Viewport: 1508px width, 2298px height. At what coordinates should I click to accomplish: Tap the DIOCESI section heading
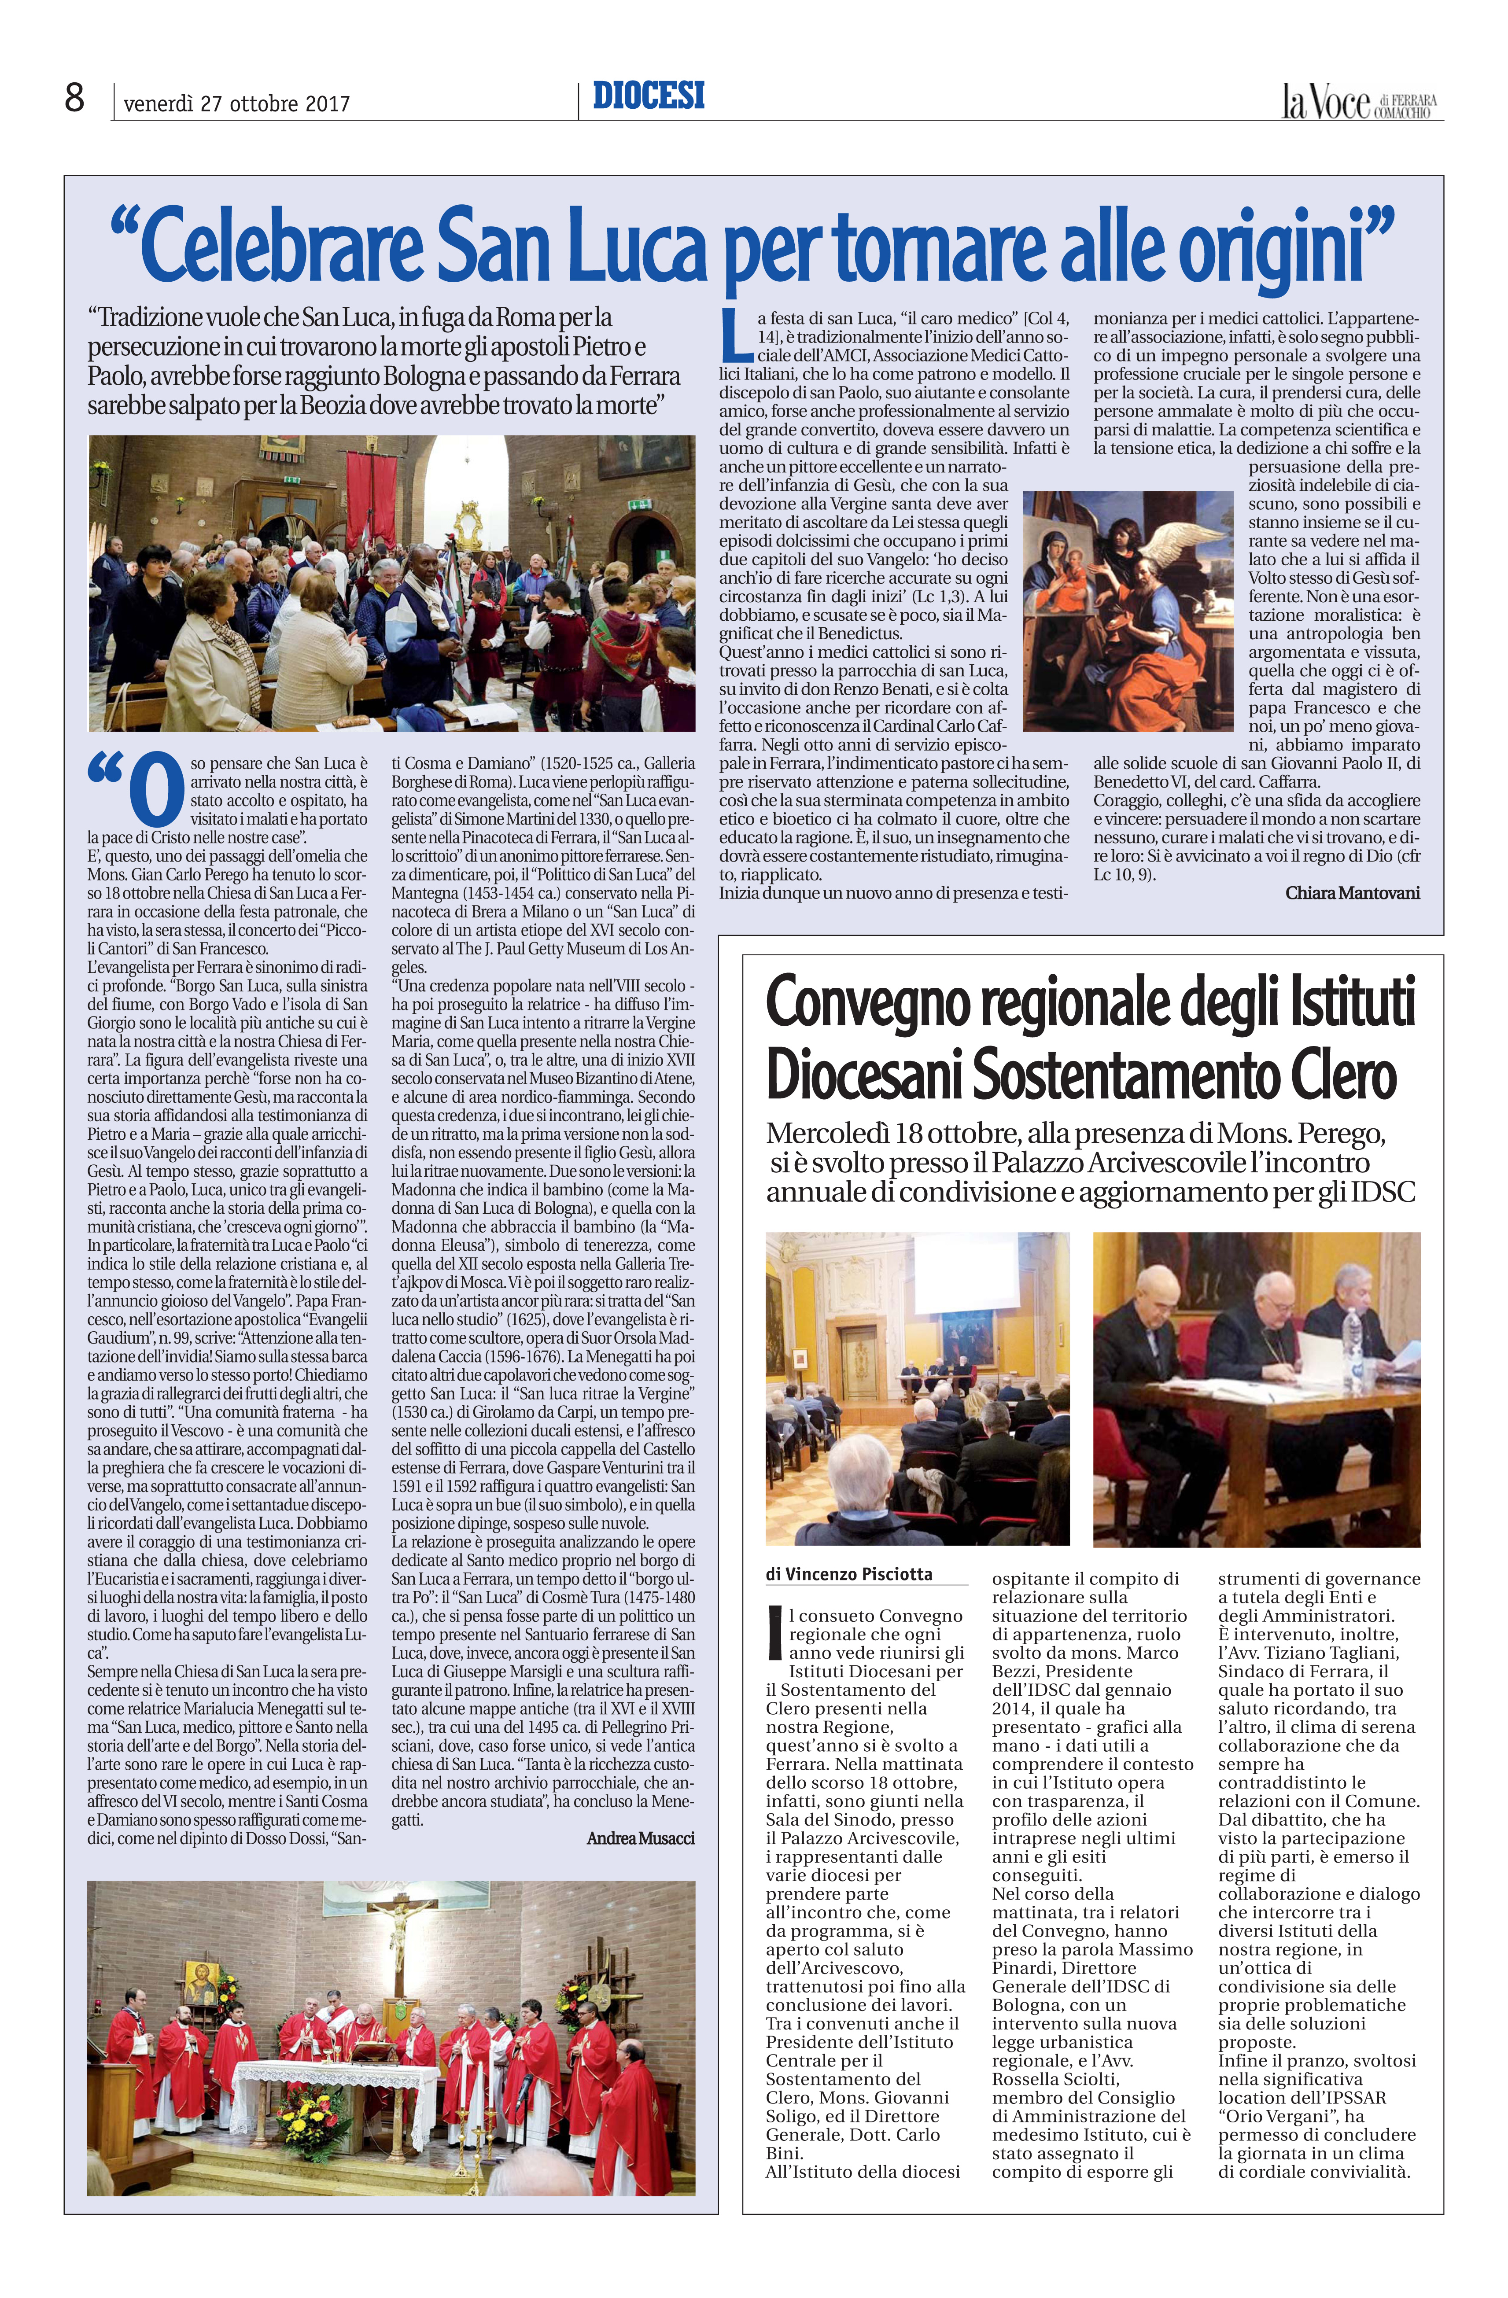[x=649, y=96]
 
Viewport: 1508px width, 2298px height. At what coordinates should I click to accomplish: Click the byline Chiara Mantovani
[x=1352, y=893]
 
